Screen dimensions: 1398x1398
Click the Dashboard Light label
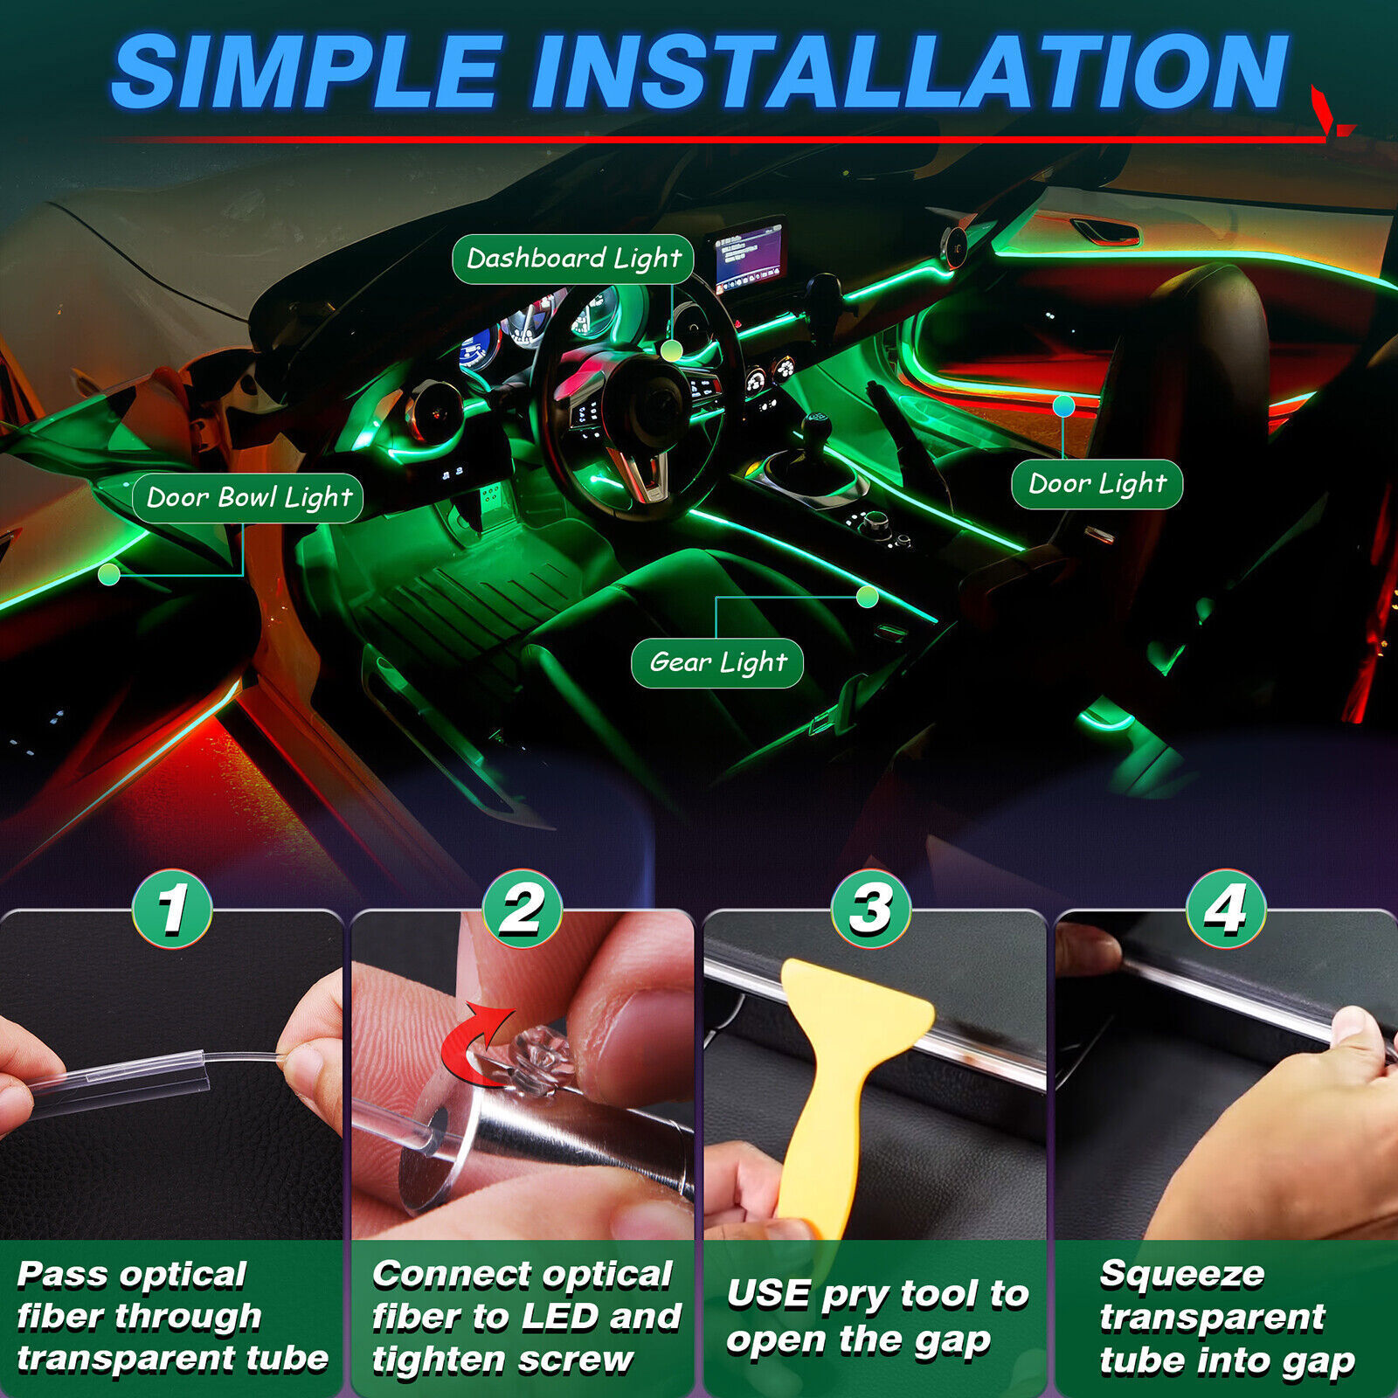coord(573,259)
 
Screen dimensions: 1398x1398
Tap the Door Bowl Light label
coord(248,498)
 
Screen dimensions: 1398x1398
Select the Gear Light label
coord(717,663)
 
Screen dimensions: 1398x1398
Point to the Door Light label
coord(1097,484)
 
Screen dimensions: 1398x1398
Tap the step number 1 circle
coord(172,909)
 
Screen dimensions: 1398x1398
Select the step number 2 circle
coord(522,909)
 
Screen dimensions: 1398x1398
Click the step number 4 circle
coord(1226,909)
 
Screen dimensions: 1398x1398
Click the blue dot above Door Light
coord(1063,405)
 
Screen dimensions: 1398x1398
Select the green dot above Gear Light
coord(867,597)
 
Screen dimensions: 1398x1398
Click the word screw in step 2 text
coord(586,1360)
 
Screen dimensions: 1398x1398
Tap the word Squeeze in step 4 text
coord(1181,1274)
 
